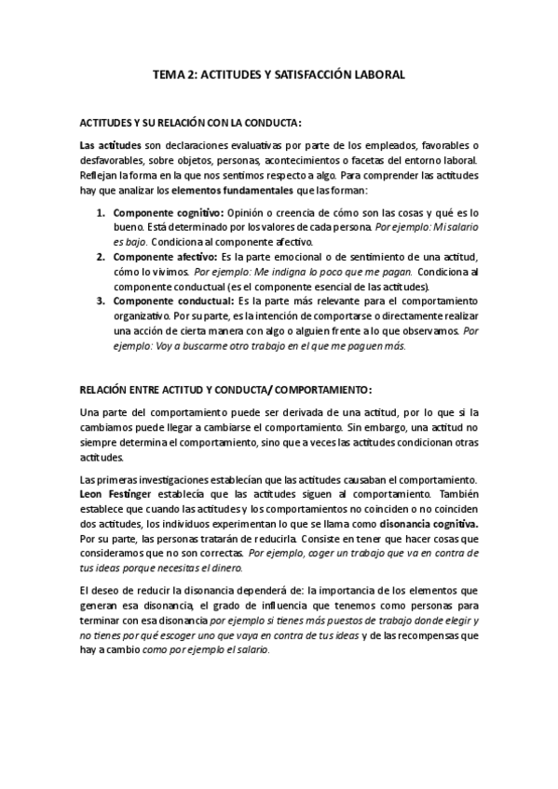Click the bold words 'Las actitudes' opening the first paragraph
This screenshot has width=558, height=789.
coord(110,146)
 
